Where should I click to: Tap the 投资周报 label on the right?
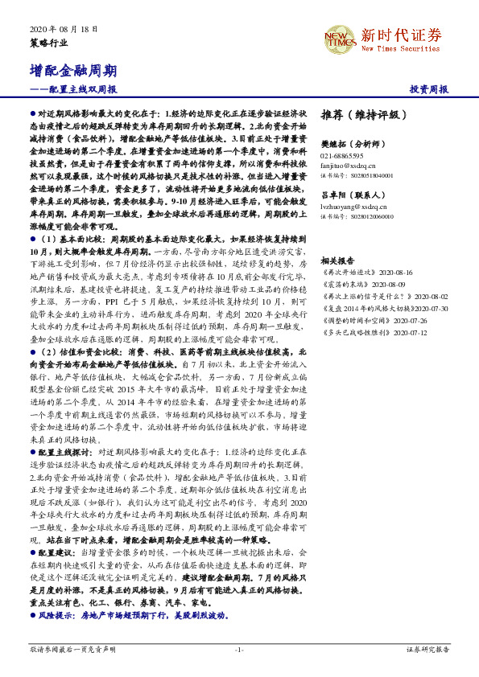point(428,89)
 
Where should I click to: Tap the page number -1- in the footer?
point(239,648)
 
